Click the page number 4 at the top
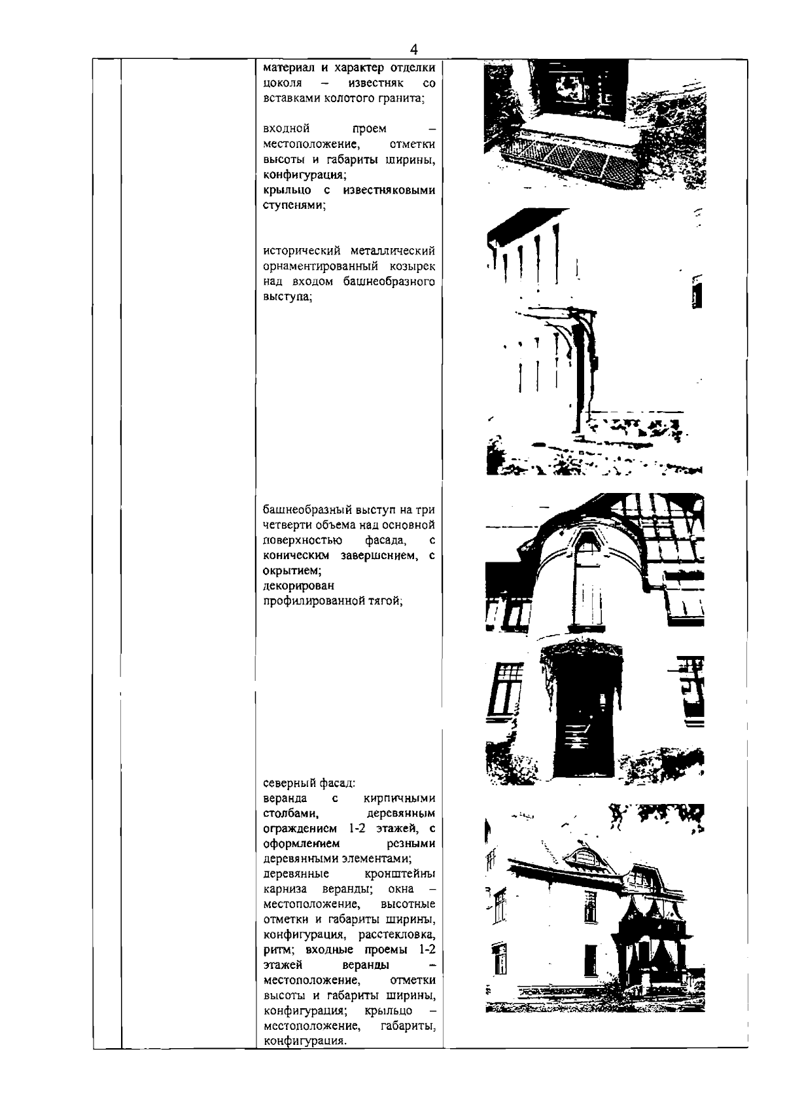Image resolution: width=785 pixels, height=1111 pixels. pyautogui.click(x=413, y=50)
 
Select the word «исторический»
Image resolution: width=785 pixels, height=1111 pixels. pyautogui.click(x=298, y=252)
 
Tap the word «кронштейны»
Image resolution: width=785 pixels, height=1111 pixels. pyautogui.click(x=400, y=875)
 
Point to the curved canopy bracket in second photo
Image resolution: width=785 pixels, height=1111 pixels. pyautogui.click(x=563, y=327)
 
